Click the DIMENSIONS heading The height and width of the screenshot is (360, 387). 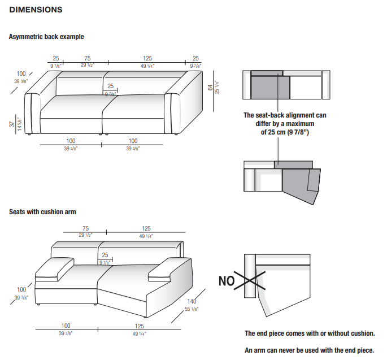tap(36, 10)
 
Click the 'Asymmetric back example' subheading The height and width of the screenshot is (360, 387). tap(46, 37)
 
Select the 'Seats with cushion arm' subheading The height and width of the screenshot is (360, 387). tap(42, 212)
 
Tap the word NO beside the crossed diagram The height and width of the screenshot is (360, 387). tap(227, 281)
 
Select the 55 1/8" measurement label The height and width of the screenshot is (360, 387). tap(192, 310)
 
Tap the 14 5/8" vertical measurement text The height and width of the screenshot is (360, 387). tap(19, 124)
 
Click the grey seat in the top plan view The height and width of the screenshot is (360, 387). tap(270, 88)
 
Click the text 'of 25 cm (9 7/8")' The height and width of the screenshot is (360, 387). tap(285, 132)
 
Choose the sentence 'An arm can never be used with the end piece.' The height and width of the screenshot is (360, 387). tap(309, 350)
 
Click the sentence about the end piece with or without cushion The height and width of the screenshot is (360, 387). tap(310, 333)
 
